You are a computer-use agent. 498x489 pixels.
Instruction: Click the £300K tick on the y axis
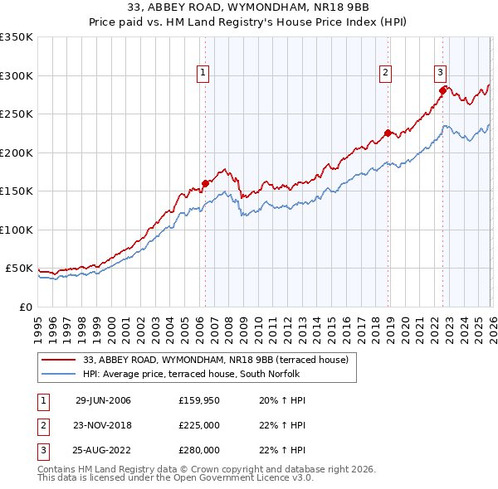pyautogui.click(x=17, y=75)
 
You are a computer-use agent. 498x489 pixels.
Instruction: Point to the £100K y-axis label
pyautogui.click(x=17, y=230)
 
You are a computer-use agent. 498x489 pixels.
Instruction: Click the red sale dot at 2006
pyautogui.click(x=205, y=183)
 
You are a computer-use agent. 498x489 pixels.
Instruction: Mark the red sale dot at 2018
pyautogui.click(x=387, y=133)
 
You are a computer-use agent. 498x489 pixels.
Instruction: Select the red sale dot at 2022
pyautogui.click(x=442, y=90)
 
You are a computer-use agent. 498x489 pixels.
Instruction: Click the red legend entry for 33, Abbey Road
pyautogui.click(x=220, y=360)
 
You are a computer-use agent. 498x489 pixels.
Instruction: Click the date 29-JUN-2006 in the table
pyautogui.click(x=103, y=400)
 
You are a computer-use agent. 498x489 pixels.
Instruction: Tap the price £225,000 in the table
pyautogui.click(x=199, y=425)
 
